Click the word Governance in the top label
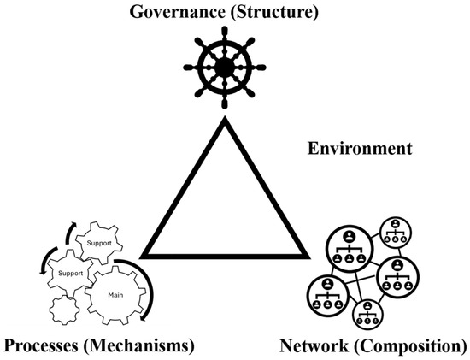(x=177, y=12)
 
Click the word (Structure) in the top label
(x=274, y=13)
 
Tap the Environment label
(x=360, y=149)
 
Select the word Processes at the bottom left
(x=40, y=345)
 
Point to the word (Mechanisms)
(x=138, y=346)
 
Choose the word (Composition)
(x=411, y=346)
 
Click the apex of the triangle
(x=225, y=118)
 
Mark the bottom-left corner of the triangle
(x=140, y=258)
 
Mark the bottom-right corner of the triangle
(x=309, y=258)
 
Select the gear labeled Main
(x=115, y=295)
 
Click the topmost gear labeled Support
(x=99, y=243)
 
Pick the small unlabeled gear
(x=65, y=310)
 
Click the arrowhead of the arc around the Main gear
(x=144, y=316)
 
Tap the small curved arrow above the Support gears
(x=70, y=233)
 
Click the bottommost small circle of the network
(x=367, y=314)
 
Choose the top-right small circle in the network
(x=396, y=233)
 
